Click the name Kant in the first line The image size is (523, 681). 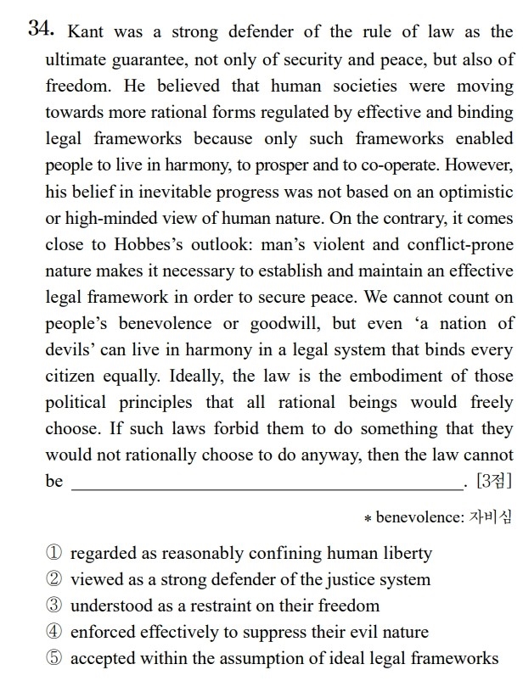click(x=86, y=32)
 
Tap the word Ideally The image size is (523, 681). click(x=200, y=376)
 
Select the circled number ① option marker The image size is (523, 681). click(x=54, y=554)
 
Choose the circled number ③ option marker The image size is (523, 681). click(x=54, y=606)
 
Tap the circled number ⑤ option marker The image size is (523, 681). click(x=54, y=658)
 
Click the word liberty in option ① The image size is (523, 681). click(x=406, y=554)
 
